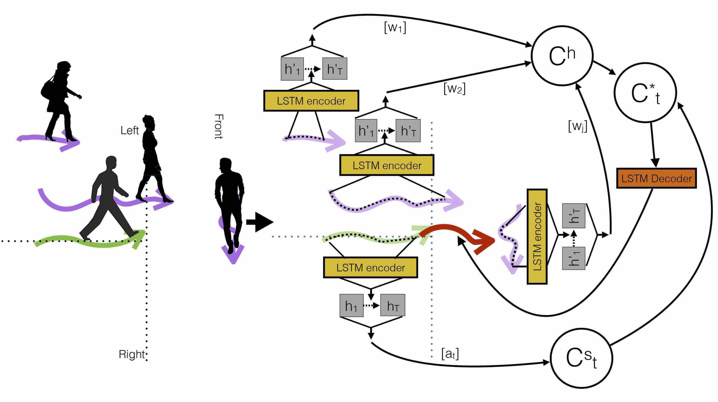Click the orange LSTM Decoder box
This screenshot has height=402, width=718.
656,178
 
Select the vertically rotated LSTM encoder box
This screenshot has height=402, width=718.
537,237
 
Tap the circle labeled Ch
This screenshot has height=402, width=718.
562,56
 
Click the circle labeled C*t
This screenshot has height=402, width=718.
645,93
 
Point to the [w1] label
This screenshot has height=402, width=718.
395,28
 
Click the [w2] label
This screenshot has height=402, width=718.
454,89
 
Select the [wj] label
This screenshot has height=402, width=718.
578,126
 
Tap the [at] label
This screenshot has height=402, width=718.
450,354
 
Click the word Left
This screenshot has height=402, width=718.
129,130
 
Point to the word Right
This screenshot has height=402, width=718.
132,354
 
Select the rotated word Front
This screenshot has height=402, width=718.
219,127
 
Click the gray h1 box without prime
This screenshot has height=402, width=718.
351,306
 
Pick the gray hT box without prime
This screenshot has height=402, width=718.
392,306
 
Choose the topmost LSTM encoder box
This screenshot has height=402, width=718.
311,101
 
